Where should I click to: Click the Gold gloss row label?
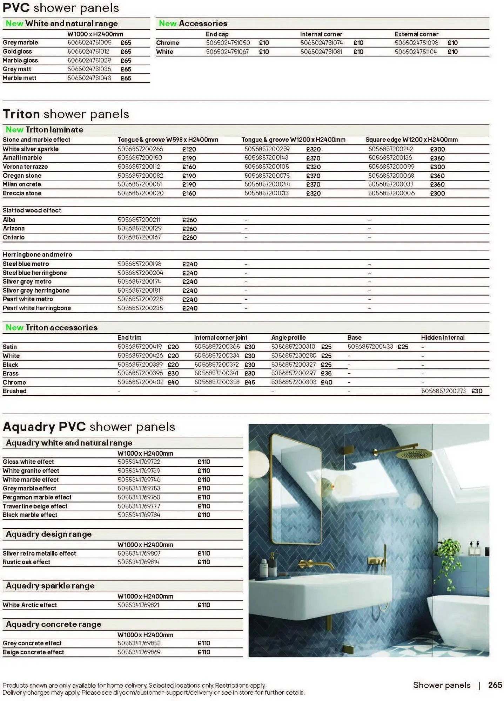[17, 52]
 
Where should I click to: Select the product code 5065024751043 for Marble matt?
[89, 78]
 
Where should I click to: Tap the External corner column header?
[416, 34]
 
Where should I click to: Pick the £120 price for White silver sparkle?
[189, 149]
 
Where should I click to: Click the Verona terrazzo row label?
[25, 167]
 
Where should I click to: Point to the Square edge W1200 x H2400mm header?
[411, 140]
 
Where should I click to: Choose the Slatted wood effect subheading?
[32, 210]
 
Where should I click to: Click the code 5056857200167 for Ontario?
[139, 237]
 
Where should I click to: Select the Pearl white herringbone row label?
[36, 308]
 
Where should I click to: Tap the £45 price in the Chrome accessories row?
[250, 382]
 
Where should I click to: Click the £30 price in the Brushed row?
[477, 391]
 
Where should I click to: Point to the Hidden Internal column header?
[443, 338]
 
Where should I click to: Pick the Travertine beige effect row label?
[35, 506]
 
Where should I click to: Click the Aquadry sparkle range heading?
[50, 586]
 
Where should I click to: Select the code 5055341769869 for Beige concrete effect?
[139, 652]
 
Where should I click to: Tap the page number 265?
[495, 685]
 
